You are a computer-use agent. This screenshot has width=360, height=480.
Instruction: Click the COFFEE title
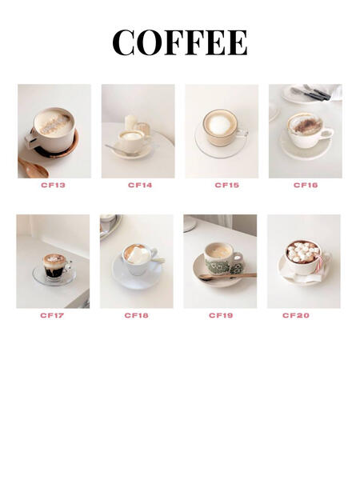180,42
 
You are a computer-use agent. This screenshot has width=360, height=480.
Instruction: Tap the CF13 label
53,185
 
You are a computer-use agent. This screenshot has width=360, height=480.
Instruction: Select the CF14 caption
140,185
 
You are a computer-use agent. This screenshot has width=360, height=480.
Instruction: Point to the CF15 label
227,185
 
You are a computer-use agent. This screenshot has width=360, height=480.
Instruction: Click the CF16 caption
306,185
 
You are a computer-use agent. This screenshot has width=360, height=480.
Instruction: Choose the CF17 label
52,315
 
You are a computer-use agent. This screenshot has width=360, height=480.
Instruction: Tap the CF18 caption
136,315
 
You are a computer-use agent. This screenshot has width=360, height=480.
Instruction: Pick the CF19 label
221,315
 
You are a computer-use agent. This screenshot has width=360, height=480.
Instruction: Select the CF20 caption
296,315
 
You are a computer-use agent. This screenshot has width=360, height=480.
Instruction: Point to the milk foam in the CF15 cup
219,124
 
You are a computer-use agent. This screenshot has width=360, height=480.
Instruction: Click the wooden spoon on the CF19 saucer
227,276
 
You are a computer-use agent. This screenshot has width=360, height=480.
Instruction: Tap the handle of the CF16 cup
328,134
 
